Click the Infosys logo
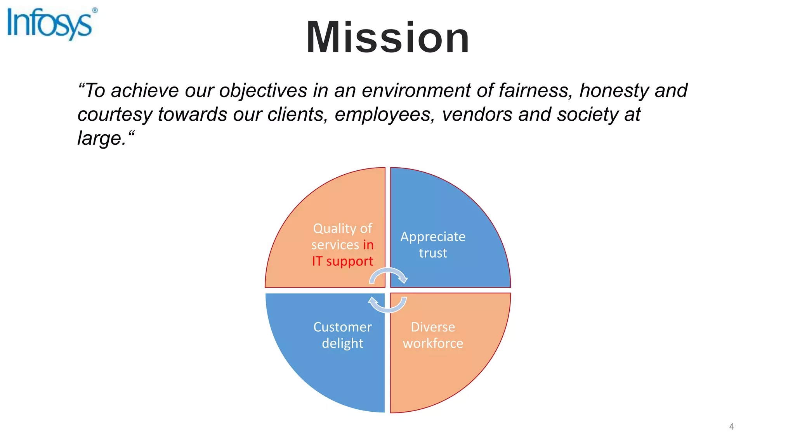[50, 24]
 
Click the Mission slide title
[388, 38]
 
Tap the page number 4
[731, 426]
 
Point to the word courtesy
[115, 115]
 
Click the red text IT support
[342, 261]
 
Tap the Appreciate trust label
[433, 245]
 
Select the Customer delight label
[342, 335]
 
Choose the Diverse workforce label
[433, 335]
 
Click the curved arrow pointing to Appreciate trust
[388, 275]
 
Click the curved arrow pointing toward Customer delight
[387, 305]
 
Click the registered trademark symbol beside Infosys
[95, 10]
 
